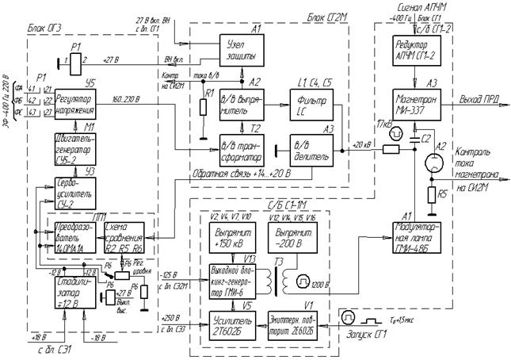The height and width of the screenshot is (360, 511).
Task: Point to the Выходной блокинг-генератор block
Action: (236, 281)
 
